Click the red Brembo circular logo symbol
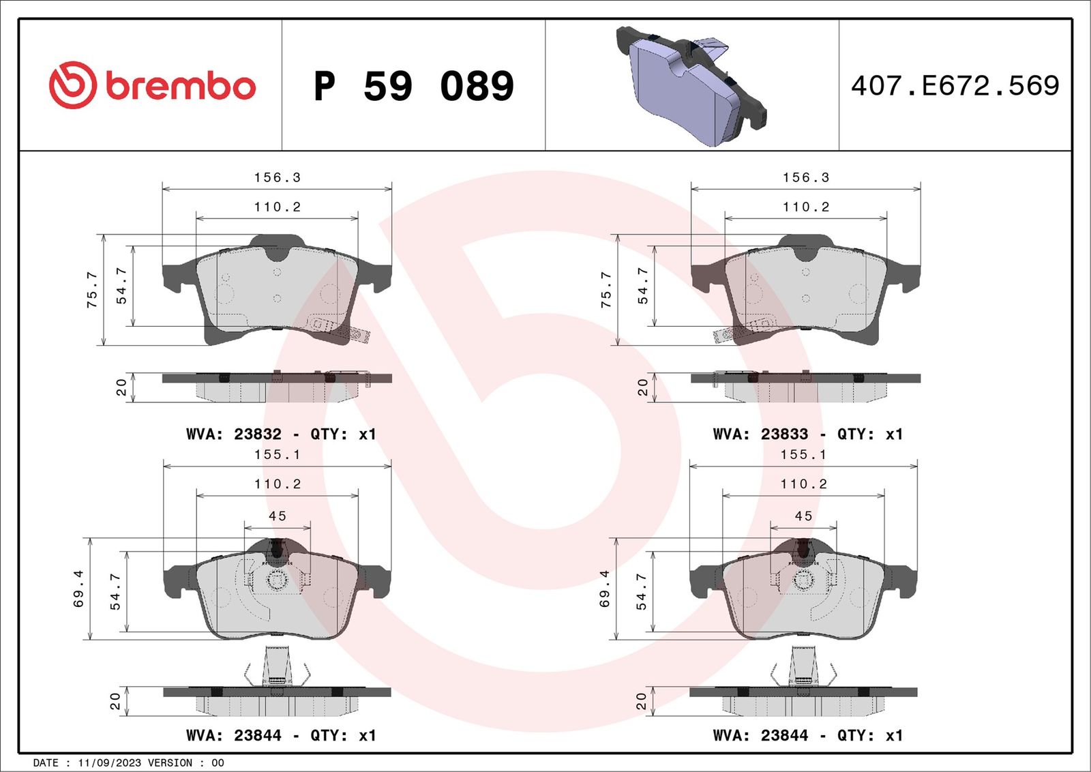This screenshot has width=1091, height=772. [x=72, y=85]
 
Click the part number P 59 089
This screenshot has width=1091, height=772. [x=413, y=87]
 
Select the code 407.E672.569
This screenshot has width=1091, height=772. [x=955, y=86]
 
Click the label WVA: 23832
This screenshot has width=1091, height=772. [x=233, y=434]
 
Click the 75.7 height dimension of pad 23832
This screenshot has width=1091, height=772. [x=92, y=290]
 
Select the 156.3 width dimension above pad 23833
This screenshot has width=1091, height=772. [x=806, y=177]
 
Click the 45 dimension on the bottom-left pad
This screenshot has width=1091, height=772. [x=278, y=516]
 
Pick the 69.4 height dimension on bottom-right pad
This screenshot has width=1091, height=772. [x=605, y=589]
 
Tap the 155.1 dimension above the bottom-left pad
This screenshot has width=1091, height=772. [x=278, y=454]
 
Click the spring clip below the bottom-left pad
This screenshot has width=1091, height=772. [x=276, y=666]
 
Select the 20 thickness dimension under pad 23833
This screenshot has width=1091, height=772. [x=642, y=387]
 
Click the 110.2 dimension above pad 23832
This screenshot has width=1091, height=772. [x=278, y=207]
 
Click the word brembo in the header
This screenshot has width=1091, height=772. [x=181, y=87]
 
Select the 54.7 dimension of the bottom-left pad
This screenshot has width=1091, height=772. [x=115, y=591]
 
